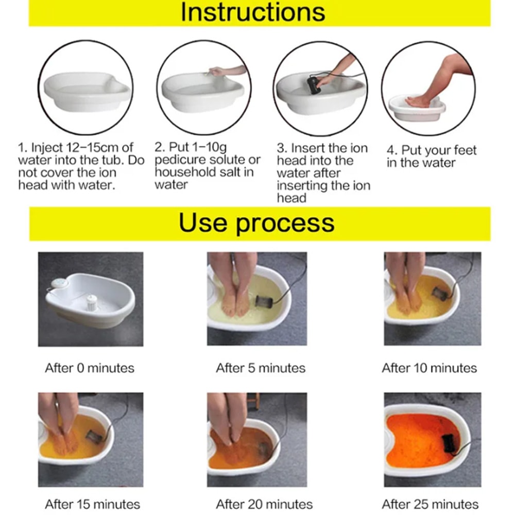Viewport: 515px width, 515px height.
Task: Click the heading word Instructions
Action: (252, 12)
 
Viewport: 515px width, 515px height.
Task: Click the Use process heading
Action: (256, 223)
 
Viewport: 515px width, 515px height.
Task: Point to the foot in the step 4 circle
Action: (418, 101)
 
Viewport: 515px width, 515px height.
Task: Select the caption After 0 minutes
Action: (90, 368)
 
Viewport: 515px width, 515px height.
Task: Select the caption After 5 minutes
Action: (261, 368)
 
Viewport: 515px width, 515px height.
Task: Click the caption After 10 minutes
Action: (429, 368)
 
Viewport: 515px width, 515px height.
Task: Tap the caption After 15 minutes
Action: (92, 504)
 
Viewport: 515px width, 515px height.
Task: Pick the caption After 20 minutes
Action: (264, 504)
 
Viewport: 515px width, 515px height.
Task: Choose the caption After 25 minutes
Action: (430, 504)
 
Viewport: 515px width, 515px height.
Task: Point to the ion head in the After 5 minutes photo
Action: (263, 302)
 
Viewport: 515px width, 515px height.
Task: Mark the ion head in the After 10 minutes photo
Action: (439, 295)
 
